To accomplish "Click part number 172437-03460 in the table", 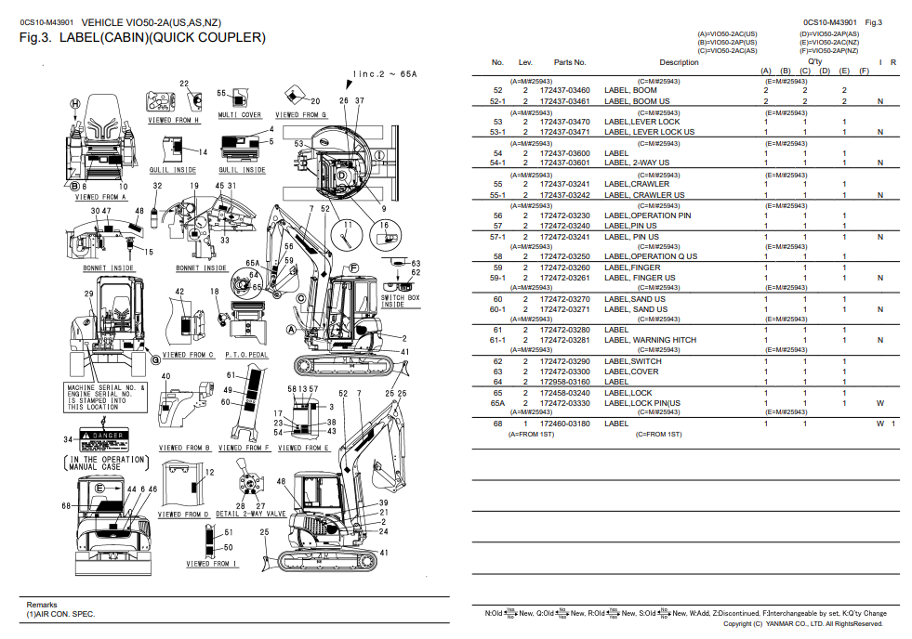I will coord(564,90).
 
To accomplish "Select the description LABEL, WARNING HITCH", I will coord(650,341).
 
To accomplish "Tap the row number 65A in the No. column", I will coord(497,403).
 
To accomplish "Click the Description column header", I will coord(679,63).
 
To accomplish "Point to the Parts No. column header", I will coord(570,63).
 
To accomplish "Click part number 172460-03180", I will coord(564,424).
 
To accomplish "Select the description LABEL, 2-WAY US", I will coord(636,163).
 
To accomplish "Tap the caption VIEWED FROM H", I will coord(174,121).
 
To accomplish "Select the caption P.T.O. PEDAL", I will coord(246,354).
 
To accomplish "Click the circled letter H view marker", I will coord(75,104).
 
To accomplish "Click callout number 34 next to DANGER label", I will coord(68,438).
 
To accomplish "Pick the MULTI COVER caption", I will coord(239,115).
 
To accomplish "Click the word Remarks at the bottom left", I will coord(42,605).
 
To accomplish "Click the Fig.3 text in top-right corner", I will coord(873,22).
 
